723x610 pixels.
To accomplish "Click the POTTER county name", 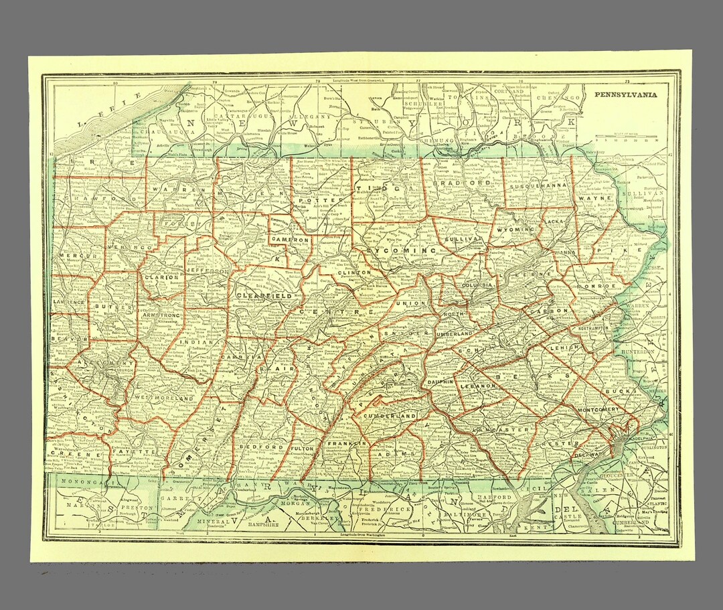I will pyautogui.click(x=312, y=200).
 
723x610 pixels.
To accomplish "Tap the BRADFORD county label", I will pyautogui.click(x=461, y=183).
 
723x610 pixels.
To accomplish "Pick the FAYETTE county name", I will pyautogui.click(x=137, y=452).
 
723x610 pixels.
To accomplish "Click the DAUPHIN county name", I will pyautogui.click(x=440, y=382).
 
